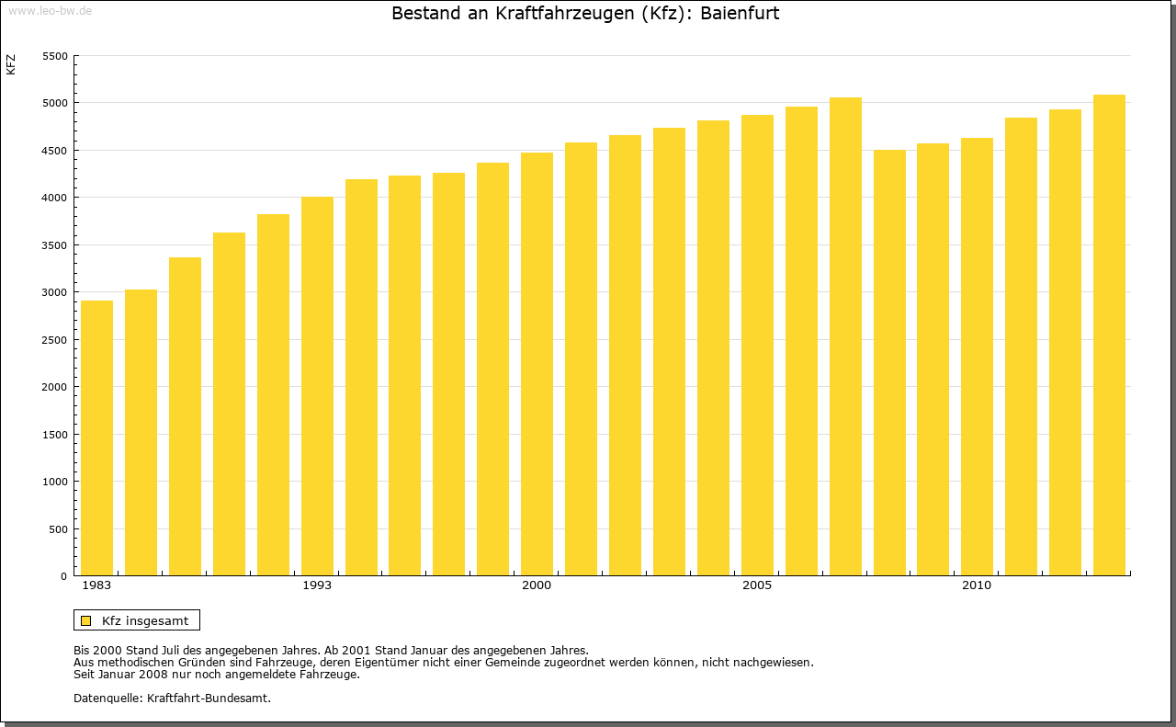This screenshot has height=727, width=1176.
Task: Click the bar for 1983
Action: (96, 437)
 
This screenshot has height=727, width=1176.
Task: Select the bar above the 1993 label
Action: (317, 386)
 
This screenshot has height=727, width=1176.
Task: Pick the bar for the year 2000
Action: (537, 364)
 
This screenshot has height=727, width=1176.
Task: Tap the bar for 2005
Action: (757, 345)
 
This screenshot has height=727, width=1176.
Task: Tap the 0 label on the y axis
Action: (64, 576)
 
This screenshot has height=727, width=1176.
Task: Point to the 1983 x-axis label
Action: (96, 585)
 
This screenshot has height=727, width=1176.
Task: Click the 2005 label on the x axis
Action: (757, 585)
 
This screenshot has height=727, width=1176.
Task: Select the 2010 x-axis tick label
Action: (977, 585)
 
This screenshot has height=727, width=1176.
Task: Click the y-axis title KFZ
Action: (11, 64)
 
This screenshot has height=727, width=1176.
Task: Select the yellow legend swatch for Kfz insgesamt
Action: (85, 620)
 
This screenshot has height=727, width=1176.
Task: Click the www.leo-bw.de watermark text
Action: (50, 9)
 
